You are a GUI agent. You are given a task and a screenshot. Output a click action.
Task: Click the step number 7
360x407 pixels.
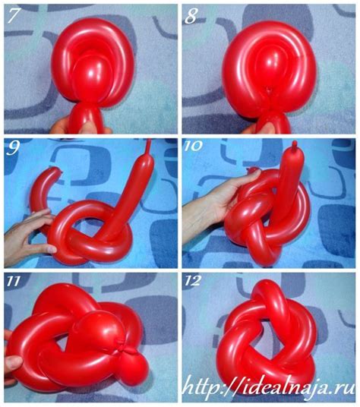pyautogui.click(x=14, y=14)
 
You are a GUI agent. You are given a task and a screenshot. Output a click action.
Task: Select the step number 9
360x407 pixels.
pyautogui.click(x=14, y=147)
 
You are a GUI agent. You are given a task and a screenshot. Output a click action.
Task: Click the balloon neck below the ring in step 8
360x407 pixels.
pyautogui.click(x=272, y=120)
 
